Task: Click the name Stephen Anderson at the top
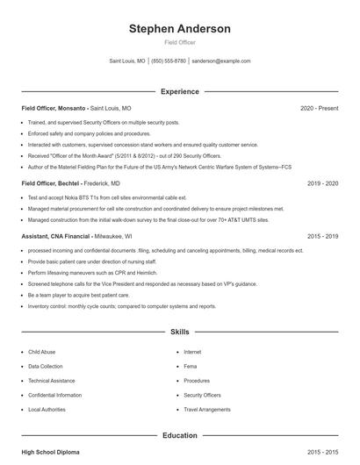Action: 179,29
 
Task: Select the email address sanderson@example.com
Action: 220,61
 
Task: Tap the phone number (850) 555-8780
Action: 169,61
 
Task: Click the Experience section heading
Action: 179,91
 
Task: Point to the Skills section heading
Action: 179,333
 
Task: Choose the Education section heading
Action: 179,435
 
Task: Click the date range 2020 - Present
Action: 319,108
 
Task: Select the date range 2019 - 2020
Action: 322,184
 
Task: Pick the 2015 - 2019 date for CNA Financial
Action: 322,236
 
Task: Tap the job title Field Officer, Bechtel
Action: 52,184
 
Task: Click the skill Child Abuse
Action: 41,352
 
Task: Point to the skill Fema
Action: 191,366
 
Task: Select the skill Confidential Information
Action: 54,395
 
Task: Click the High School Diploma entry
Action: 50,452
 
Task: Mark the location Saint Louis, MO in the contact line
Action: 127,61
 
